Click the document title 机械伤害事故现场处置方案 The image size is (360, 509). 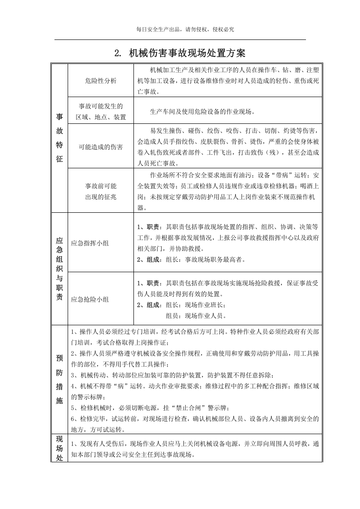tap(187, 53)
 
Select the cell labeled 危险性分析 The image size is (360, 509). tap(100, 80)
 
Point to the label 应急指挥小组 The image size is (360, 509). tap(90, 243)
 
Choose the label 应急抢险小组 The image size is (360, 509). tap(90, 299)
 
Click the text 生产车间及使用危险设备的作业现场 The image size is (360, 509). tap(202, 112)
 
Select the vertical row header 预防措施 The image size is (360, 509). tap(59, 379)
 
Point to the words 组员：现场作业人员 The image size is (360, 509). tap(196, 316)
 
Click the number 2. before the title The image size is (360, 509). tap(118, 54)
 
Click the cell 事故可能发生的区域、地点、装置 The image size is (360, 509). tap(100, 112)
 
